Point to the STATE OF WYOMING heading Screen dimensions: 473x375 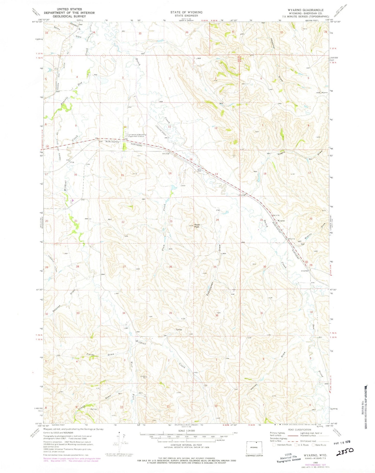[186, 12]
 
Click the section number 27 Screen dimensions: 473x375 [124, 267]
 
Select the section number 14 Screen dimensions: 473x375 [170, 173]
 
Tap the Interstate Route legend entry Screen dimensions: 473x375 [281, 445]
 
